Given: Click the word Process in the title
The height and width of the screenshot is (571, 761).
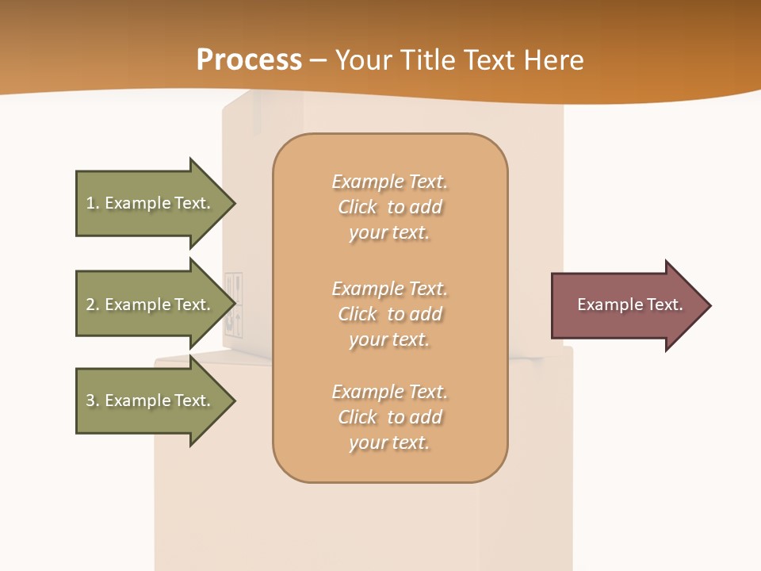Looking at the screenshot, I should [x=249, y=60].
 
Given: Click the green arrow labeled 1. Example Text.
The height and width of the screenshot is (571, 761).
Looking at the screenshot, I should [x=151, y=203].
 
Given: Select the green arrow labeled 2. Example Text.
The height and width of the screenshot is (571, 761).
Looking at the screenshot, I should [x=151, y=305].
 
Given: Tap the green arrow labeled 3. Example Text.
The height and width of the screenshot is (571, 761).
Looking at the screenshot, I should [x=151, y=400].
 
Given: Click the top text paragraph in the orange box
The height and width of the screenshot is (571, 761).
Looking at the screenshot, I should [x=389, y=207].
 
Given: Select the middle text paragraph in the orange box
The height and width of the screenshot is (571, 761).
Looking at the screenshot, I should [x=389, y=314].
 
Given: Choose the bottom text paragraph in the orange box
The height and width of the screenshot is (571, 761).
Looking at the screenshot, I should [x=389, y=417].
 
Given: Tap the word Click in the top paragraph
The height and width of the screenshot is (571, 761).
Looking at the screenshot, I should [x=358, y=207].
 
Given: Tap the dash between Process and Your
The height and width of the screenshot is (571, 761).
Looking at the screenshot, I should [x=318, y=60].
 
